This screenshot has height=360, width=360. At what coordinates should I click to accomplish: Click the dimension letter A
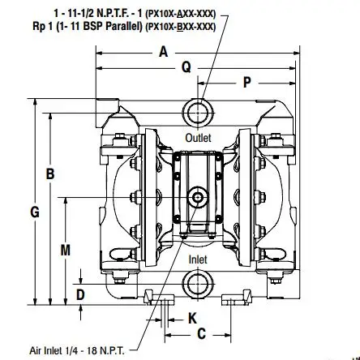pos(164,52)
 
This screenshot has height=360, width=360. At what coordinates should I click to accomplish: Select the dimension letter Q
pos(186,66)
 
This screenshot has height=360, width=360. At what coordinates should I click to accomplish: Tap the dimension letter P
pos(247,82)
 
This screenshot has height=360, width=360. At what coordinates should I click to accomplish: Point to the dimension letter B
pos(50,174)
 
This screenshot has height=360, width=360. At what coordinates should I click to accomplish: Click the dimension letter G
pos(35,212)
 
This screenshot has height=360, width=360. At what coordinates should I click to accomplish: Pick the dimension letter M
pos(65,251)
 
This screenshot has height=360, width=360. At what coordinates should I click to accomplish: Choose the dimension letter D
pos(80,295)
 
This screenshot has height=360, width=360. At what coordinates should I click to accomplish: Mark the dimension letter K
pos(192,319)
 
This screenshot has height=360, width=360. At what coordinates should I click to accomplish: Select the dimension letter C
pos(202,334)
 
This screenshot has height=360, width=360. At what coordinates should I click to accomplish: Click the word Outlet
pos(198,138)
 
